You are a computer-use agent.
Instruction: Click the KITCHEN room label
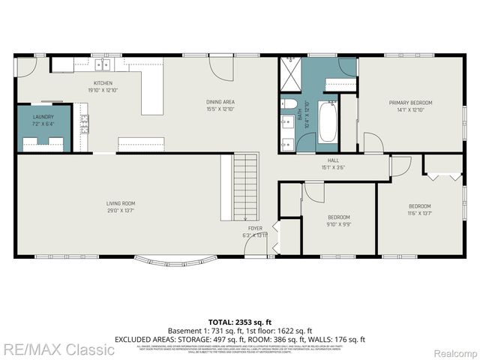(x=103, y=82)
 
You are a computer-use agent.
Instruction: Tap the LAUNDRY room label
(x=43, y=117)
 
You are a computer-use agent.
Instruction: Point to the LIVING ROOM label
(x=119, y=203)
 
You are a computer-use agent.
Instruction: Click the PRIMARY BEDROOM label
(x=410, y=102)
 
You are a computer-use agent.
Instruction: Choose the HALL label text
(x=333, y=160)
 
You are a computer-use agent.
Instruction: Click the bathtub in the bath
(x=328, y=121)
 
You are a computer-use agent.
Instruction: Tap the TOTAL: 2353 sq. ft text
(x=239, y=322)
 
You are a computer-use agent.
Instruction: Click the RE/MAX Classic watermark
(x=58, y=349)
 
